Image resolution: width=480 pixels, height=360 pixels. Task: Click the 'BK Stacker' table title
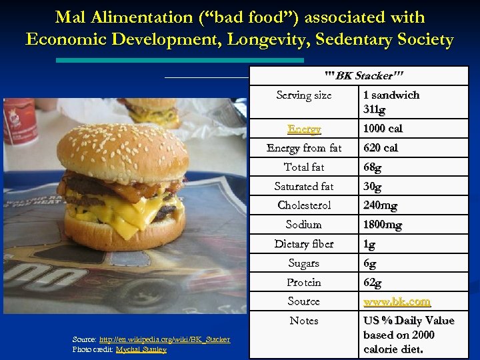363,75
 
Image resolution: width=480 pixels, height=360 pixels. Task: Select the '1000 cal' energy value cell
383,129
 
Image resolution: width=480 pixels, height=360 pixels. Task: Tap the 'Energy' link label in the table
304,129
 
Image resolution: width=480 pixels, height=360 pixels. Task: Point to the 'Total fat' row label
304,167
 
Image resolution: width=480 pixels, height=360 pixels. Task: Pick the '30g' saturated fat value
373,186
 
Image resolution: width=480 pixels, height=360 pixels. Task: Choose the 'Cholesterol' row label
304,205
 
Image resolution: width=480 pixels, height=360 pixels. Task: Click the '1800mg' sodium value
382,225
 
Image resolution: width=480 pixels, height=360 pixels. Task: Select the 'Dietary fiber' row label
304,244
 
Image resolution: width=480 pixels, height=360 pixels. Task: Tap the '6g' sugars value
369,263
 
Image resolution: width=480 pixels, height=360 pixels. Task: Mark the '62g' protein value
373,283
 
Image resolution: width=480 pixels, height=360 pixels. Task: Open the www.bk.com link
397,301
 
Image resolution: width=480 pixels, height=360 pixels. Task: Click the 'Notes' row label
304,321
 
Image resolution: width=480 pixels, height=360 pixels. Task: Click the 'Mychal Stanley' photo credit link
141,349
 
